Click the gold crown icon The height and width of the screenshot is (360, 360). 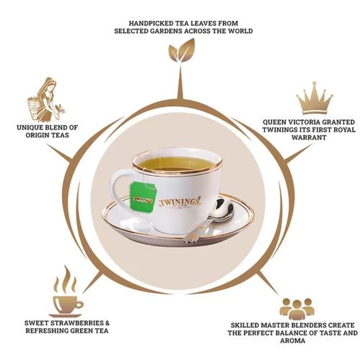(315, 98)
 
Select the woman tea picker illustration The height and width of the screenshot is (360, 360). (46, 99)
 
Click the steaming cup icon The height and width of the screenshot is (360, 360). (67, 292)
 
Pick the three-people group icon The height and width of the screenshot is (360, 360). (297, 309)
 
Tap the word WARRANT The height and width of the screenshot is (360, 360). (309, 137)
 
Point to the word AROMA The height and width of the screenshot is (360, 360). (292, 341)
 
